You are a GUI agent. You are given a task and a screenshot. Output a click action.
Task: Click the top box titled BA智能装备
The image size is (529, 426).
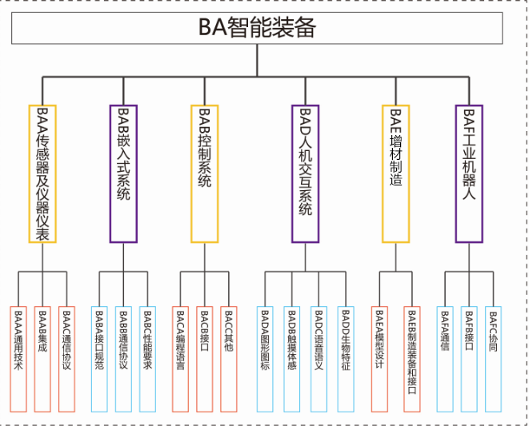pos(258,29)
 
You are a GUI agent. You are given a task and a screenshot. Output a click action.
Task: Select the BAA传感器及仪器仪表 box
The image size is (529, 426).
pos(42,173)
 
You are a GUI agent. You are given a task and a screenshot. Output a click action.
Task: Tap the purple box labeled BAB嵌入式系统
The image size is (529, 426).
pos(123,173)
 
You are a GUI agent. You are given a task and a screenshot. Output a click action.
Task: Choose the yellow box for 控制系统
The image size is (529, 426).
pos(204,173)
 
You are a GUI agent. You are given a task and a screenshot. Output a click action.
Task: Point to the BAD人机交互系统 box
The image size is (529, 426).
pos(306,173)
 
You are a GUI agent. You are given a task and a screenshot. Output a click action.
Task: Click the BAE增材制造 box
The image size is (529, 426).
pos(396,173)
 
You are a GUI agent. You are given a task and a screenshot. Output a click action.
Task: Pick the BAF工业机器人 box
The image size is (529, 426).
pos(469,173)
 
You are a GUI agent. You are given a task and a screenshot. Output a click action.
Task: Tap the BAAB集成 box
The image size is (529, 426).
pos(44,358)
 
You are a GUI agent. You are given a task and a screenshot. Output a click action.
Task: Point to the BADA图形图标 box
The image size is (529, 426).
pos(266,358)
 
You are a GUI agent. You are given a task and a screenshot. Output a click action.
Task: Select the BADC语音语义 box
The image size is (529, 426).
pos(318,358)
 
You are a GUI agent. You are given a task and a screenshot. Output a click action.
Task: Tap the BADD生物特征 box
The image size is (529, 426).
pos(344,358)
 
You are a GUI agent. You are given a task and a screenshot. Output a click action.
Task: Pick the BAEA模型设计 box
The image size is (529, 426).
pos(380,358)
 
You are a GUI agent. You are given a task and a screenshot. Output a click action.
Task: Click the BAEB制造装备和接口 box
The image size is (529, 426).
pos(411,358)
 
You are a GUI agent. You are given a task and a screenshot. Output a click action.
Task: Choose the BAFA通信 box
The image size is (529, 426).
pos(446,358)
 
